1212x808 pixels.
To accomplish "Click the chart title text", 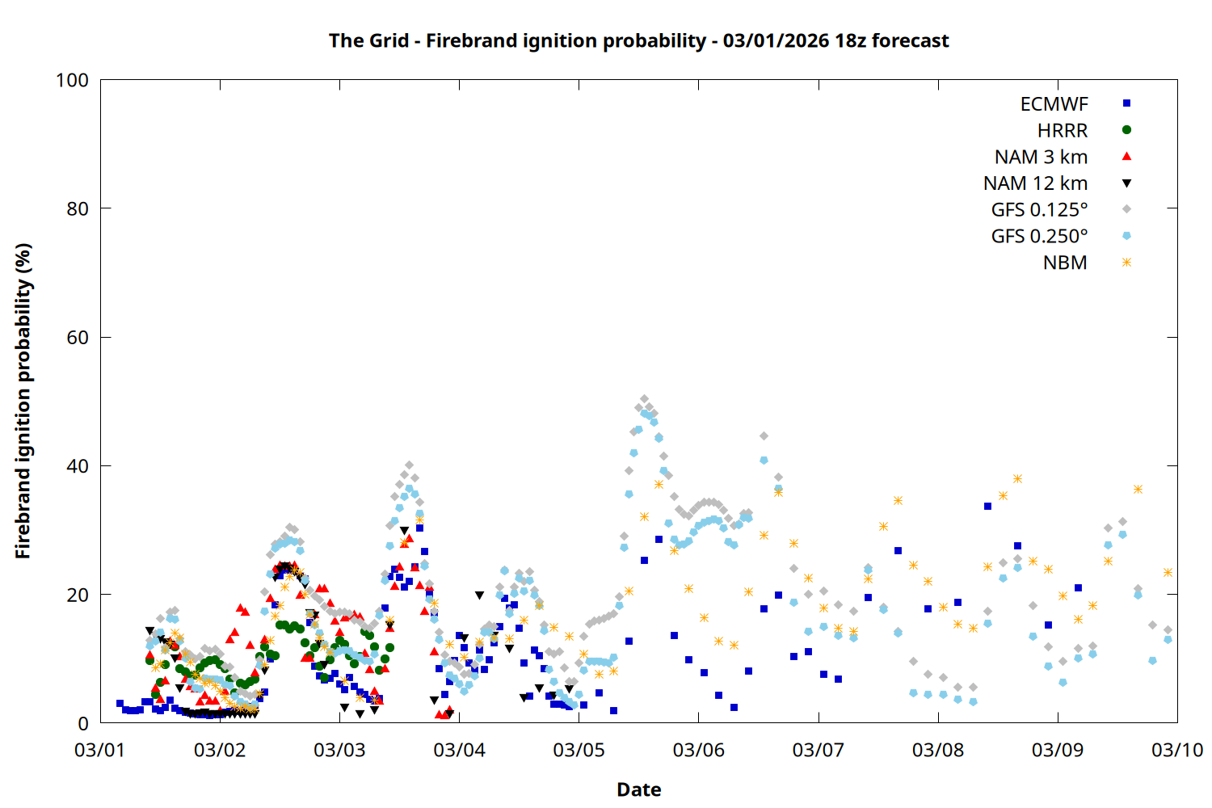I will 638,40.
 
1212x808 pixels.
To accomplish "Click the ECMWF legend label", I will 1054,104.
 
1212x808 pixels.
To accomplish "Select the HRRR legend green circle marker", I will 1126,130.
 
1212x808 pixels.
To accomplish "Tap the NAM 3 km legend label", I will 1041,157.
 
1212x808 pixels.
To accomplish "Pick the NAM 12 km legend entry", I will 1035,183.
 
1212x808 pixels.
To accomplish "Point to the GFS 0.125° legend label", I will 1039,210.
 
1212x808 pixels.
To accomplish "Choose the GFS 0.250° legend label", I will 1039,237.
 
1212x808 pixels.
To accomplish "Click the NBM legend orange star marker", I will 1126,263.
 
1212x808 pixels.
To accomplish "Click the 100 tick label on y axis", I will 72,81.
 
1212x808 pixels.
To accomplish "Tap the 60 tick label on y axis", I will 78,338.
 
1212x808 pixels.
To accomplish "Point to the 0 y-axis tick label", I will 83,724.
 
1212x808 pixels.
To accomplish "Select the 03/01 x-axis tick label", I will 100,750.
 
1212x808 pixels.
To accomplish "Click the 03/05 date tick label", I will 579,750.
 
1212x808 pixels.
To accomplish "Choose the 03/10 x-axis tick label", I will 1177,750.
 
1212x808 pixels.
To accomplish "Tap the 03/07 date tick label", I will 819,750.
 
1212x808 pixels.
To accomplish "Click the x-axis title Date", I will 638,789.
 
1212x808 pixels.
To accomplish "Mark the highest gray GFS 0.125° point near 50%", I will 644,399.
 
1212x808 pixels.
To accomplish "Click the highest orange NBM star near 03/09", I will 1017,479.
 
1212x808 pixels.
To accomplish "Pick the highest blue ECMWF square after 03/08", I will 987,506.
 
